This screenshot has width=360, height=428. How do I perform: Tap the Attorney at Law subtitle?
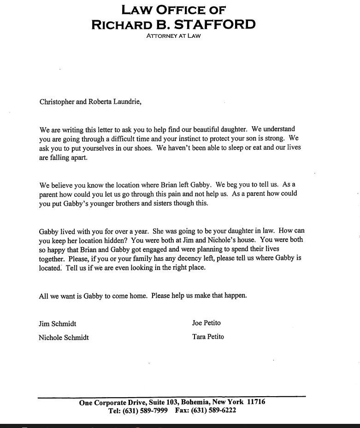[173, 36]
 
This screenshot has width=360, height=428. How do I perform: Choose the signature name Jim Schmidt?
[57, 323]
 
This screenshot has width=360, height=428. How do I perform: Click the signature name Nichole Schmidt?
[64, 337]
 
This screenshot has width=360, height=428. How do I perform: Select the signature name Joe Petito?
[206, 323]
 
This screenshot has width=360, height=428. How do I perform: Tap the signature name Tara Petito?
[208, 337]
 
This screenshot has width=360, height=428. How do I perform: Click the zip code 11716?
[256, 402]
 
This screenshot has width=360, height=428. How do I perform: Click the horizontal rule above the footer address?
[171, 397]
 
